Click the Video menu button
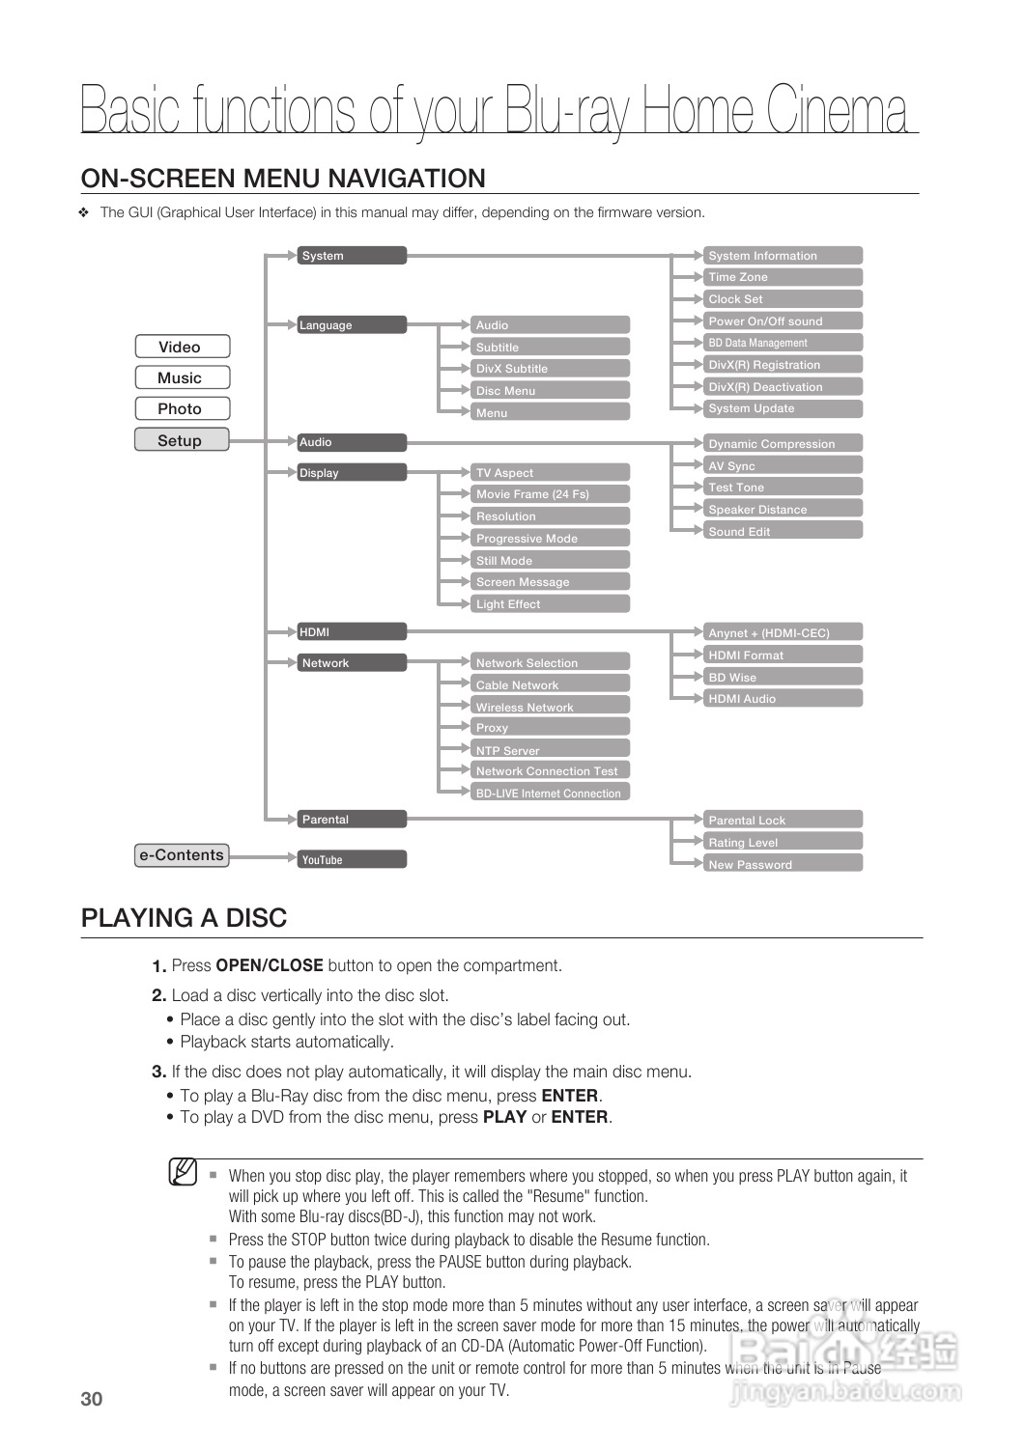pyautogui.click(x=181, y=347)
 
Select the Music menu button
pyautogui.click(x=181, y=377)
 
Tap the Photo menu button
pyautogui.click(x=181, y=408)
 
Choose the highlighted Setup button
pyautogui.click(x=181, y=440)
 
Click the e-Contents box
pyautogui.click(x=182, y=855)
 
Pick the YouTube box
pyautogui.click(x=352, y=859)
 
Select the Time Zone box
pyautogui.click(x=783, y=277)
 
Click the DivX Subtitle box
pyautogui.click(x=550, y=369)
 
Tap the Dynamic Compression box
pyautogui.click(x=783, y=444)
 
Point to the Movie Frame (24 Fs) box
pyautogui.click(x=550, y=494)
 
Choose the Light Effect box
pyautogui.click(x=550, y=604)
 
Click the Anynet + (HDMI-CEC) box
pyautogui.click(x=783, y=633)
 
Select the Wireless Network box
pyautogui.click(x=550, y=708)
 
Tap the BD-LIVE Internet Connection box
pyautogui.click(x=550, y=794)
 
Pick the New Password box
pyautogui.click(x=783, y=865)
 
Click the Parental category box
pyautogui.click(x=352, y=820)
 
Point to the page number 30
pyautogui.click(x=92, y=1400)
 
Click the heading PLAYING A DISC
pyautogui.click(x=185, y=918)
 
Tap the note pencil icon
pyautogui.click(x=184, y=1172)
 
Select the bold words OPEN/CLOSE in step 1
pyautogui.click(x=270, y=965)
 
